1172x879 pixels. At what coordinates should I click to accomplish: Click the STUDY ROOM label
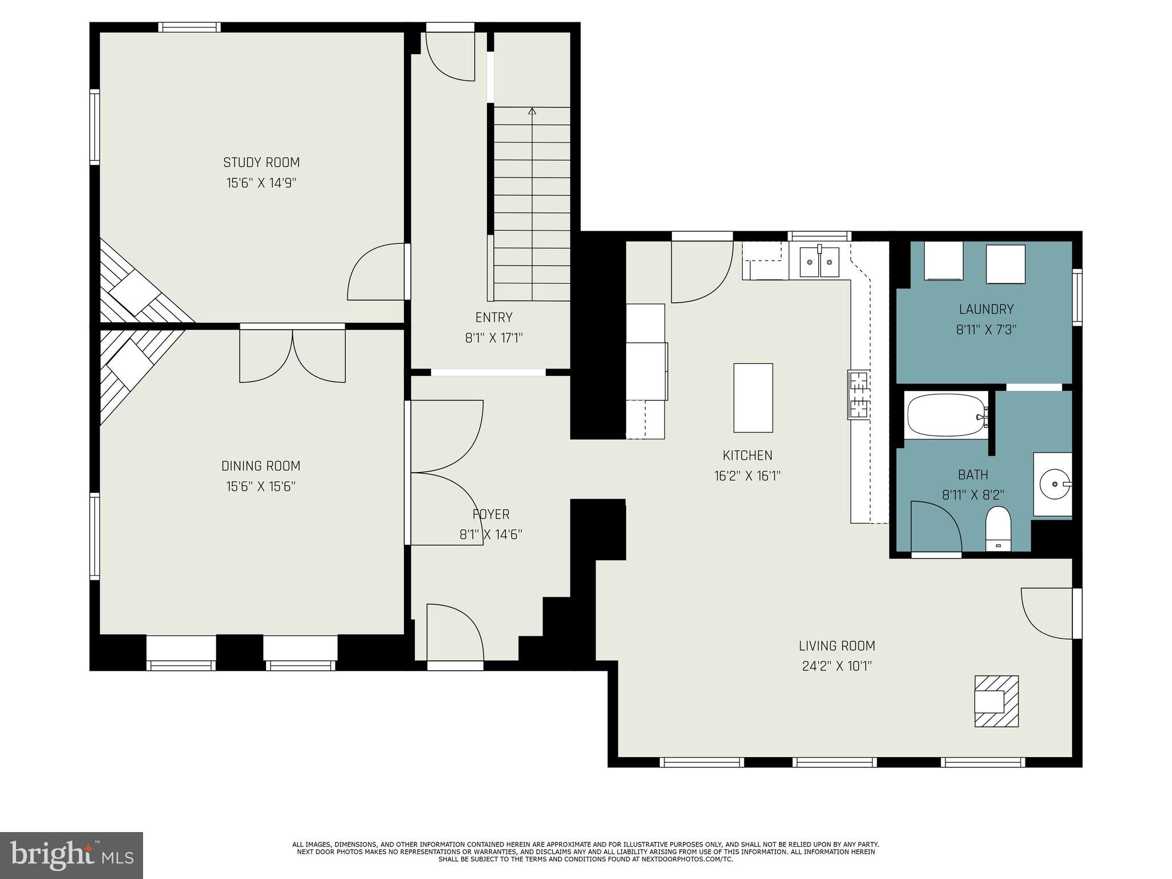(261, 163)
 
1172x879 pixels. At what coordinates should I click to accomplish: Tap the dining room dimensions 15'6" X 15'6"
(260, 487)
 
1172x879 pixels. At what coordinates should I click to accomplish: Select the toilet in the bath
(999, 528)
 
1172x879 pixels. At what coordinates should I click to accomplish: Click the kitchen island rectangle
(753, 398)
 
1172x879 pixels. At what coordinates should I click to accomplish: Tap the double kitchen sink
(819, 262)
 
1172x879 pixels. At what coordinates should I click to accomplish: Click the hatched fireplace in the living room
(996, 701)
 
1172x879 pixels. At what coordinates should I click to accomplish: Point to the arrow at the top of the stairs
(532, 111)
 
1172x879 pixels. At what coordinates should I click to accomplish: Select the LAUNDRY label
(986, 310)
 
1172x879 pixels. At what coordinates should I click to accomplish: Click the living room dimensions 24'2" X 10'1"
(837, 667)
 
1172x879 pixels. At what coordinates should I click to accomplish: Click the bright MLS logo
(72, 856)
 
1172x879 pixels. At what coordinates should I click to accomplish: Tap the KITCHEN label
(747, 456)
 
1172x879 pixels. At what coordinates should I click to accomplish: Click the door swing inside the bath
(935, 526)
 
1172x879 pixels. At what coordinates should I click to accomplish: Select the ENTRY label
(493, 318)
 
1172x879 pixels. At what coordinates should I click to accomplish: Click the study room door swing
(377, 272)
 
